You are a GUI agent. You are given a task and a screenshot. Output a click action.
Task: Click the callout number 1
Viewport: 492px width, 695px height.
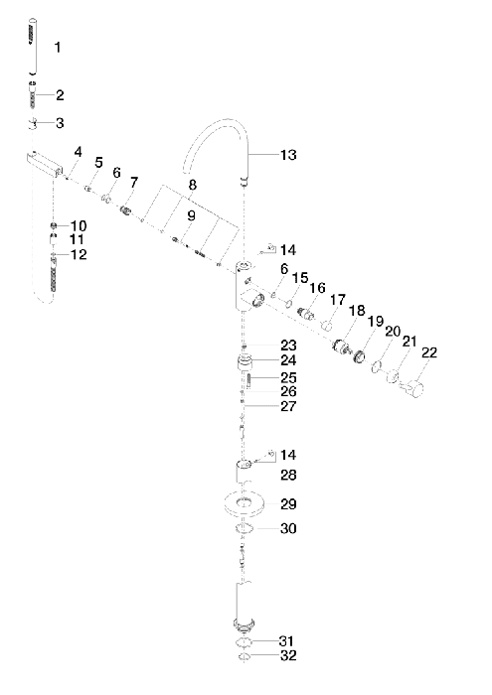58,47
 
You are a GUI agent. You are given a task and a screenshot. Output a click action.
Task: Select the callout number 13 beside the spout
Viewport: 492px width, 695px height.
288,155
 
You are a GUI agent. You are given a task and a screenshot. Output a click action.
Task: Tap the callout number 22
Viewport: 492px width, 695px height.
429,352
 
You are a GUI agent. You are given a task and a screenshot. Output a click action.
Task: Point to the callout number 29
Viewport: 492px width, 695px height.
288,504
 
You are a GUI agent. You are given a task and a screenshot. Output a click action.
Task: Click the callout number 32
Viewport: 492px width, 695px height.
288,655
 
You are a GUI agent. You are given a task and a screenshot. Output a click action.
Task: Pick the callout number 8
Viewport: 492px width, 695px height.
192,185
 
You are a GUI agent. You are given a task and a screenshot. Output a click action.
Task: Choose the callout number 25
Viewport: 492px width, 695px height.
288,377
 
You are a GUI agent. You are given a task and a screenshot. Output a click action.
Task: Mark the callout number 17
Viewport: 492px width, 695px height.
338,300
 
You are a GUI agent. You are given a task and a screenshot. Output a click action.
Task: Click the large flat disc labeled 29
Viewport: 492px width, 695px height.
245,504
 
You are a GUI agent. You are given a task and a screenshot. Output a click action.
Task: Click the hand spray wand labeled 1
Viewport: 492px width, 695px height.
32,47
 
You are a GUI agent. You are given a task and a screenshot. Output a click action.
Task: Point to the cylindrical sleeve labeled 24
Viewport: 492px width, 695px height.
244,362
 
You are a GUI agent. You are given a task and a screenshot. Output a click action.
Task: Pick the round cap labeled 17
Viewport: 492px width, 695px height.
328,327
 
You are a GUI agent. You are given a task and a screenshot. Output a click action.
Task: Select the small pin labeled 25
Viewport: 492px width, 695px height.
249,380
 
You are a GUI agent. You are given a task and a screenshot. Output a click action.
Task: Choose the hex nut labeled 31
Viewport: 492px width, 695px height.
244,641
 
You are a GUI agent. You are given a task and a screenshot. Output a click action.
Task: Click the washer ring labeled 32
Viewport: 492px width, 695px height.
244,656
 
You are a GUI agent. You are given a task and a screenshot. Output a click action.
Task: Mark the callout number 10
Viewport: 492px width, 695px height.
79,225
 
